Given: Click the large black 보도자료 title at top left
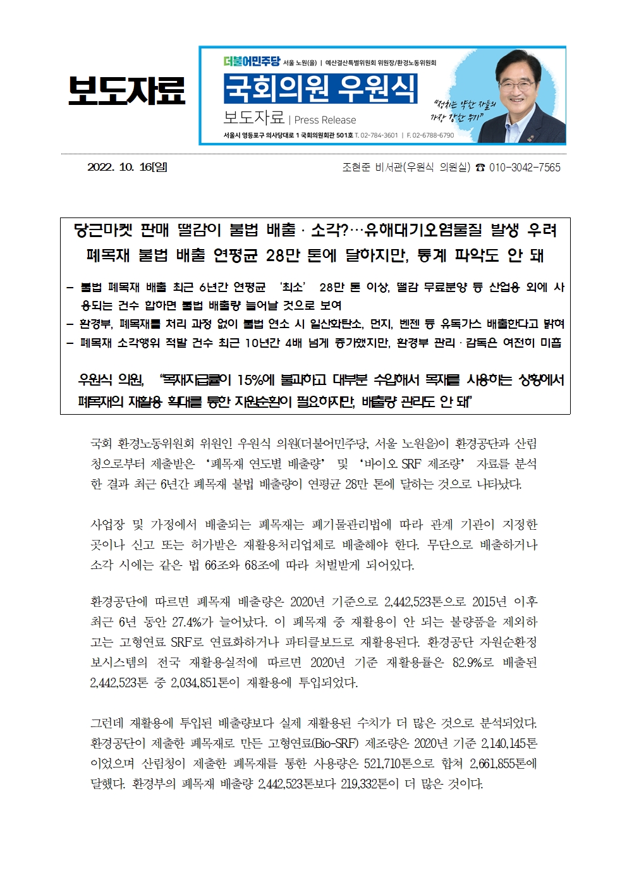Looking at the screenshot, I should coord(126,90).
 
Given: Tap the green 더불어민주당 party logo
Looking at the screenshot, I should coord(252,62).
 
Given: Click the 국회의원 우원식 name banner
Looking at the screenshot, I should coord(320,89).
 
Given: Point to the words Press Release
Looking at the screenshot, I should coord(325,120).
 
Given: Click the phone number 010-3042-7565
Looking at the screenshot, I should coord(525,168).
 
